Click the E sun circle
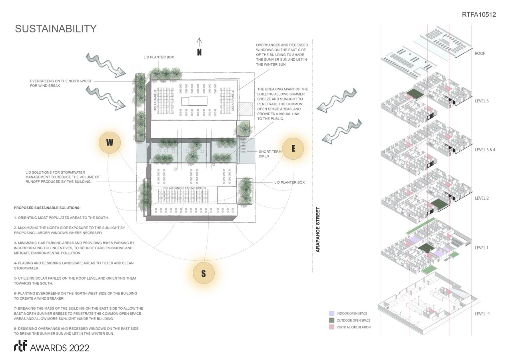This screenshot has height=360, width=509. [293, 148]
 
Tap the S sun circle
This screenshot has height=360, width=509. [204, 274]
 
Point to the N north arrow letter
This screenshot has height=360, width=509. [199, 52]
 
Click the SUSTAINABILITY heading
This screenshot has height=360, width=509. [56, 29]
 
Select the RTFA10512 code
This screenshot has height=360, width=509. [478, 15]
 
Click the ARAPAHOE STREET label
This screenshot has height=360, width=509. [318, 229]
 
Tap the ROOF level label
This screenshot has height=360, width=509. [480, 54]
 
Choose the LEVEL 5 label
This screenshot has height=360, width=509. [481, 101]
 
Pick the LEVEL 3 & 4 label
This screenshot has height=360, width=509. [485, 150]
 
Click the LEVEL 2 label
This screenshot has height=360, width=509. [481, 198]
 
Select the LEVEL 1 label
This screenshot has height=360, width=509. [481, 248]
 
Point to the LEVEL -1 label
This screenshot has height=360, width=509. [482, 314]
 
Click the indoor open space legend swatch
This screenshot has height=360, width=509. [331, 314]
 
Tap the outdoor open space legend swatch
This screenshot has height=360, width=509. [331, 320]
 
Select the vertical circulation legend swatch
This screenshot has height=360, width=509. [331, 327]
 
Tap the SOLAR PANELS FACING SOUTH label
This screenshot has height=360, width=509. [184, 188]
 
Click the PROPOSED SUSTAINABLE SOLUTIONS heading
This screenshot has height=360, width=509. [47, 208]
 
